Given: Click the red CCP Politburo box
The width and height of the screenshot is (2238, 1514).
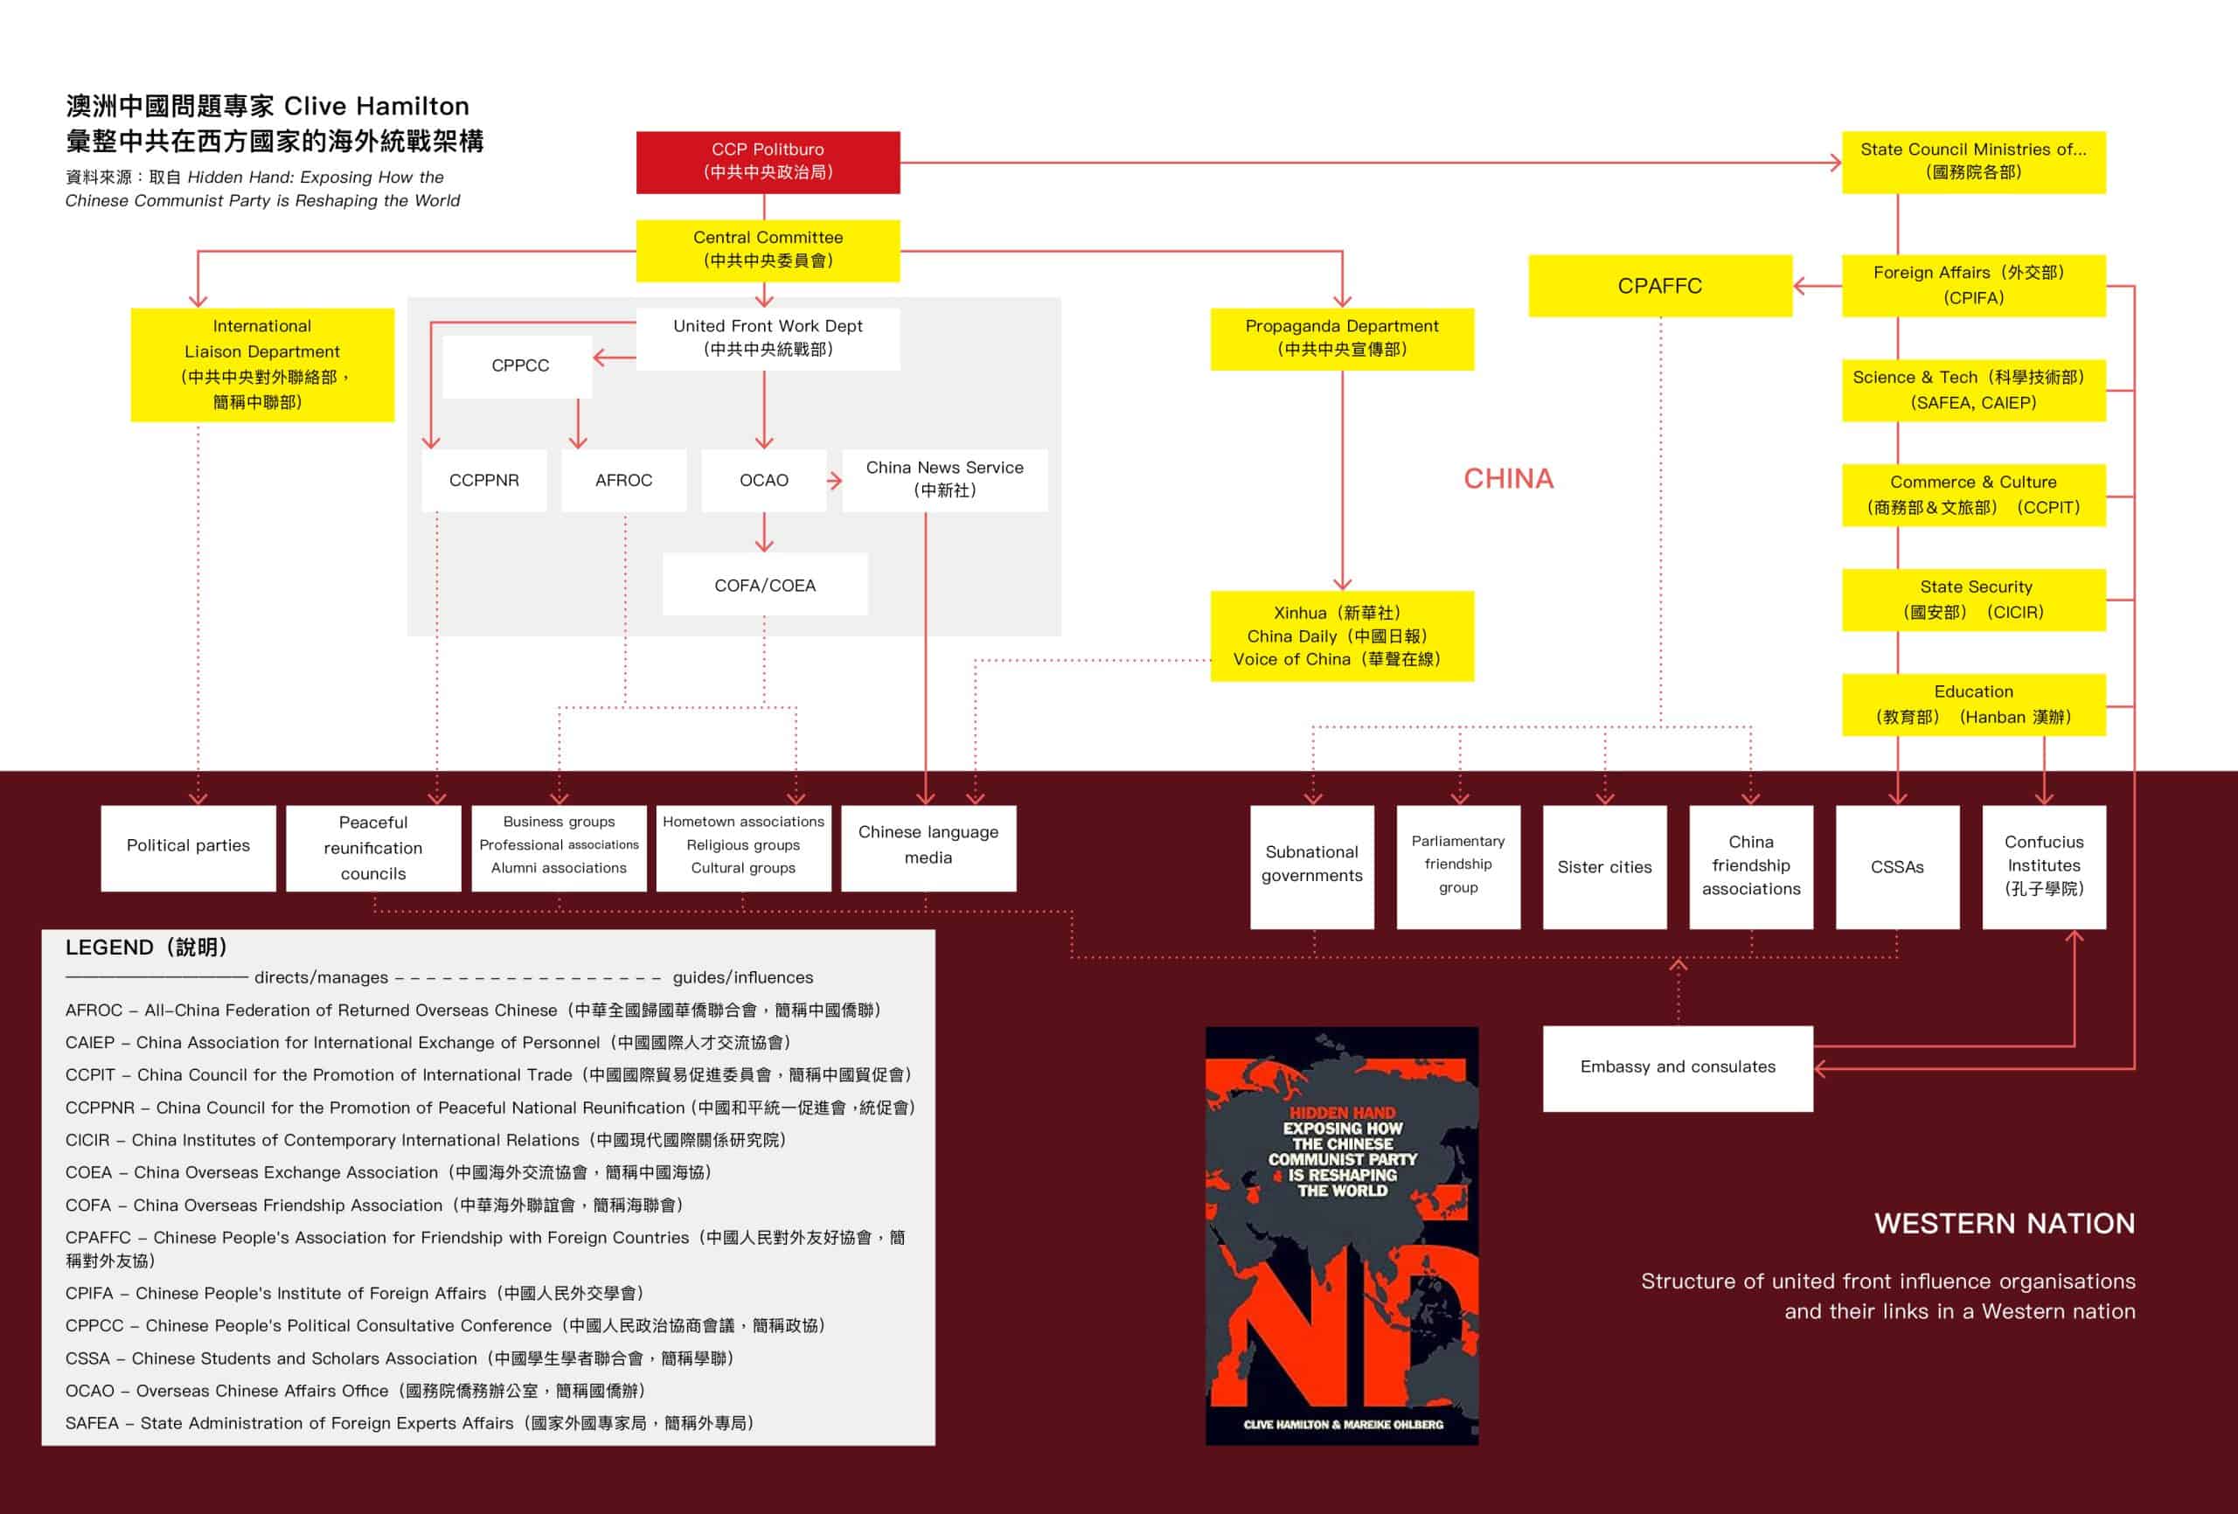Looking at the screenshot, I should [x=768, y=162].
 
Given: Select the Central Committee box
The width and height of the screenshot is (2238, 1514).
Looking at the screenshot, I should [x=768, y=249].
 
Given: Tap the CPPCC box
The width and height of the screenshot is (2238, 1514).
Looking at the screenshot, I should [x=519, y=366].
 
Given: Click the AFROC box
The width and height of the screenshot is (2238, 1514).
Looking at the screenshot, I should [x=623, y=480].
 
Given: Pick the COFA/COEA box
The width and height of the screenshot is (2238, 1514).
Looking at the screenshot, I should [x=765, y=585].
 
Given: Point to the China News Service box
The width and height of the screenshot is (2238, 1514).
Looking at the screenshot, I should [x=944, y=480].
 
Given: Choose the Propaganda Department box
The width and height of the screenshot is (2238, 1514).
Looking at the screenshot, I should [x=1341, y=338].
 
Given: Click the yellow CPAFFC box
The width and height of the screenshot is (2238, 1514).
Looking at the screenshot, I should [x=1659, y=286].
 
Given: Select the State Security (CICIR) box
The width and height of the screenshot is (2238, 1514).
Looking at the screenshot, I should [x=1973, y=599].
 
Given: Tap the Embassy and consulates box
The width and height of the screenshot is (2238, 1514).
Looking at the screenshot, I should [x=1678, y=1067].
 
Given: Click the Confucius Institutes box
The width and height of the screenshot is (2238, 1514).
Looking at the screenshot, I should [x=2043, y=866].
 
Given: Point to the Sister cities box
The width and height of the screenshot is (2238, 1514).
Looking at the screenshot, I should [x=1604, y=867].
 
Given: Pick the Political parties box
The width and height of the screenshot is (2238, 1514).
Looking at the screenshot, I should [x=188, y=845].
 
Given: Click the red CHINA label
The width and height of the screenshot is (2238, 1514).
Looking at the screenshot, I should [x=1508, y=479].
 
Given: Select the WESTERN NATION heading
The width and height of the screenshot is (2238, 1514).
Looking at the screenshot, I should [x=2004, y=1223].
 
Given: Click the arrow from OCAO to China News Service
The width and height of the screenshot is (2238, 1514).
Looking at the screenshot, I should [x=834, y=480].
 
